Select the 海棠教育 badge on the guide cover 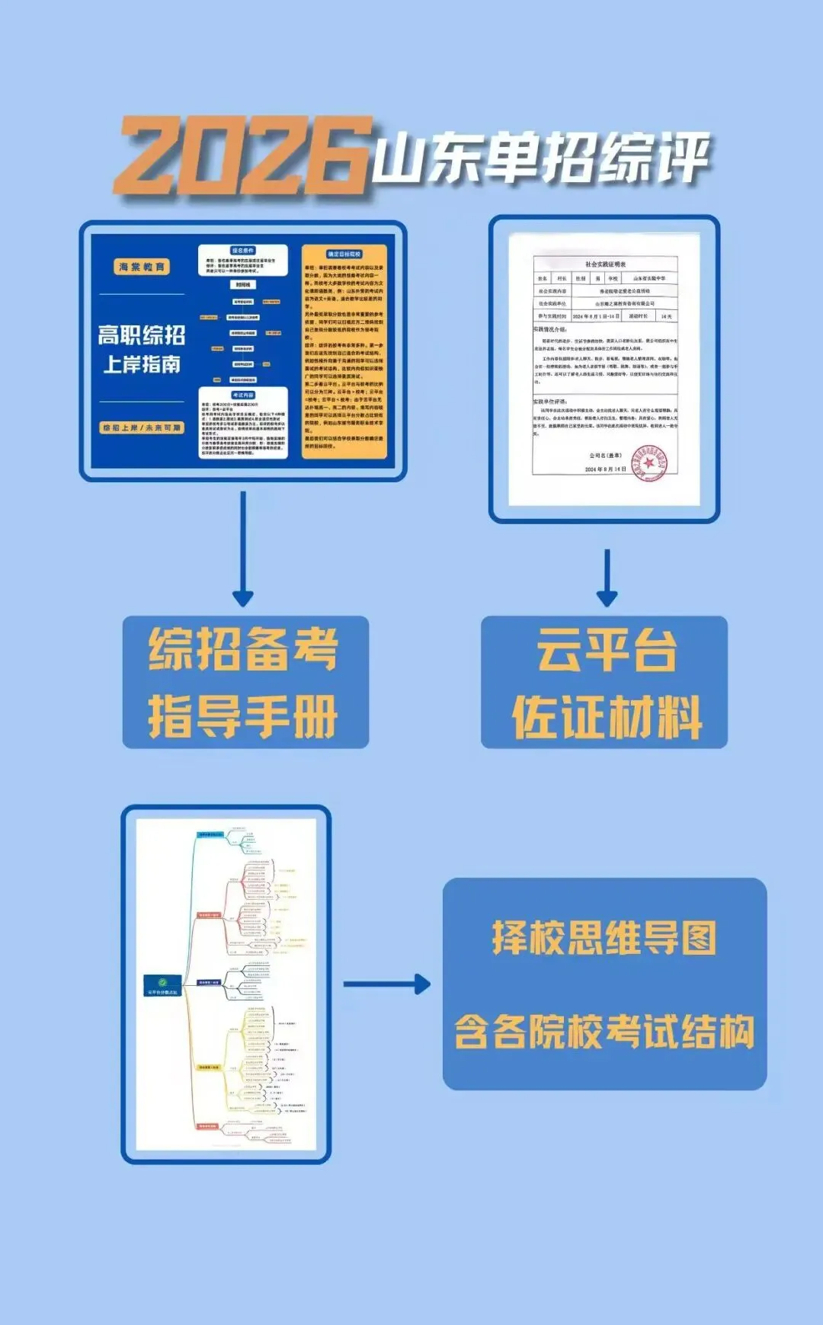[142, 267]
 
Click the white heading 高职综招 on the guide [142, 334]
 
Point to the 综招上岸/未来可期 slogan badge [142, 428]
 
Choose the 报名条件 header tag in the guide [242, 251]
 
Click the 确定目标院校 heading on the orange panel [344, 254]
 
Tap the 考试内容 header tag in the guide [242, 395]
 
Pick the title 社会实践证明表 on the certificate [605, 264]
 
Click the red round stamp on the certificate [649, 462]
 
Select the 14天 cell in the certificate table [666, 316]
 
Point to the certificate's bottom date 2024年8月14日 [605, 469]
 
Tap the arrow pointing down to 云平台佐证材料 [607, 579]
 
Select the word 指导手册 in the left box [243, 716]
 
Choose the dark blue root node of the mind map [162, 985]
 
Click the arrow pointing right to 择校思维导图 [387, 984]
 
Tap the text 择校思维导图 [604, 938]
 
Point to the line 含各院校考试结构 [604, 1032]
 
